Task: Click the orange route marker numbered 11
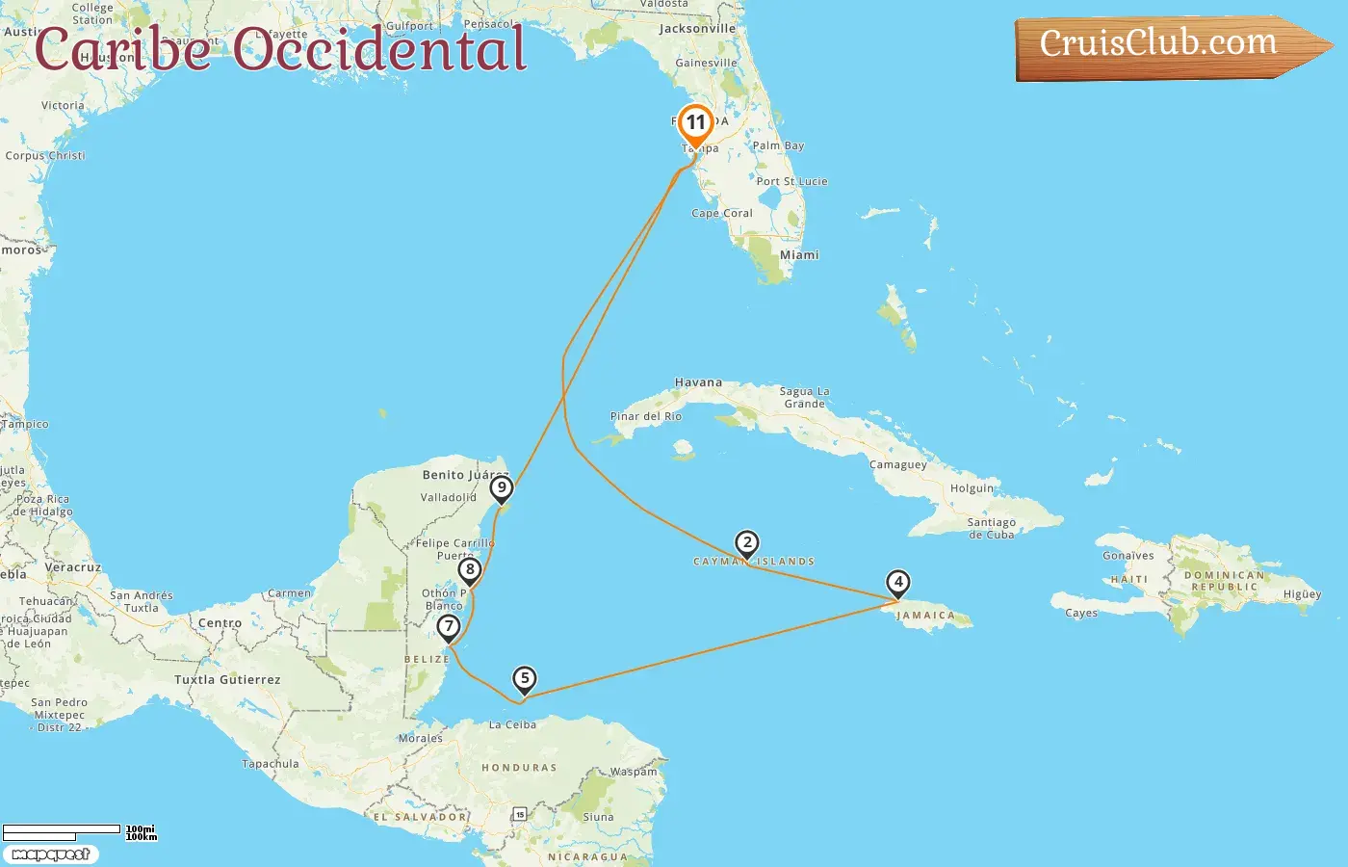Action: pyautogui.click(x=695, y=124)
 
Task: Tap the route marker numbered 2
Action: pyautogui.click(x=746, y=543)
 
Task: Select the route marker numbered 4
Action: pyautogui.click(x=897, y=583)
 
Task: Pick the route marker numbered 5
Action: pyautogui.click(x=524, y=679)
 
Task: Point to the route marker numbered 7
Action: pyautogui.click(x=448, y=627)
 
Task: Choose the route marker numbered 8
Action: pyautogui.click(x=470, y=570)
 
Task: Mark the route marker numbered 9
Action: pyautogui.click(x=501, y=488)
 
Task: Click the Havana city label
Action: pyautogui.click(x=698, y=382)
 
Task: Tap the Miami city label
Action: pyautogui.click(x=799, y=255)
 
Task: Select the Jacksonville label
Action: pyautogui.click(x=697, y=29)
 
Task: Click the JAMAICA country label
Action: pyautogui.click(x=925, y=616)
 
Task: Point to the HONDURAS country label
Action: pyautogui.click(x=519, y=768)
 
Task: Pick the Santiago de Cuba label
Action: pyautogui.click(x=991, y=528)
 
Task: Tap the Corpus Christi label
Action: pyautogui.click(x=45, y=155)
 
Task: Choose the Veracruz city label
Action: pyautogui.click(x=73, y=567)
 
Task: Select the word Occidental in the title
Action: pyautogui.click(x=379, y=50)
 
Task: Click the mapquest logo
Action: pyautogui.click(x=50, y=854)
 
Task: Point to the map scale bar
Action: pyautogui.click(x=62, y=830)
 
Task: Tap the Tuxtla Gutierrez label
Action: pyautogui.click(x=227, y=680)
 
